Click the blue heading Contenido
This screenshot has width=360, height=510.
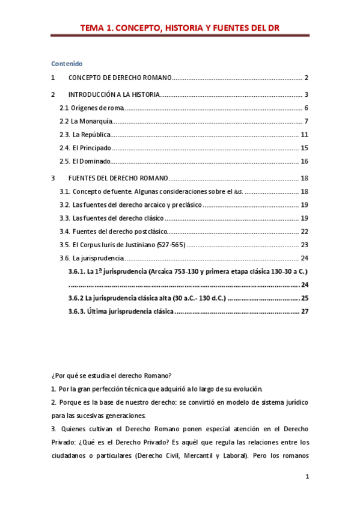pos(67,63)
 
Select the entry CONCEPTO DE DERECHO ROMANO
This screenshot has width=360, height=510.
pos(120,78)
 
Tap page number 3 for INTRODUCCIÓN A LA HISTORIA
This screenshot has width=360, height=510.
pos(306,94)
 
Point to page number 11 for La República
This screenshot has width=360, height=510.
pos(305,135)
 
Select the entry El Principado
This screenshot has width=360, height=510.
pos(91,148)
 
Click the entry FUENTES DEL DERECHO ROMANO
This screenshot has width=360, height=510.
pos(118,178)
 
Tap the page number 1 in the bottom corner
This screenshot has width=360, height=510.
pos(307,477)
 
